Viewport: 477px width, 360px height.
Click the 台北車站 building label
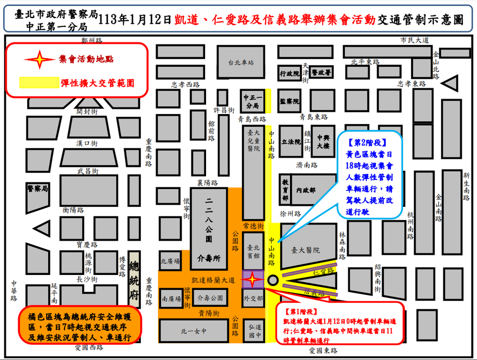pos(241,63)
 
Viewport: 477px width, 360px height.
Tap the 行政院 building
pos(289,74)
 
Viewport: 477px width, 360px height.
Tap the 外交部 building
pos(253,299)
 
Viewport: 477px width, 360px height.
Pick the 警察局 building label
pos(38,189)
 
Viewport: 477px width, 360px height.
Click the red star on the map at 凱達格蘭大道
pos(253,279)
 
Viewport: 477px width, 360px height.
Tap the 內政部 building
pos(306,190)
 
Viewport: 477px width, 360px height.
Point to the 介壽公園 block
pos(210,298)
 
